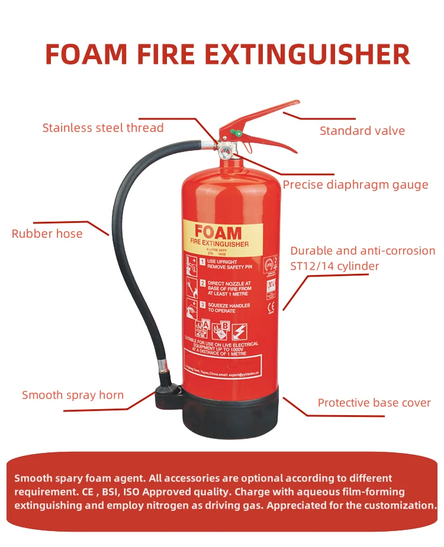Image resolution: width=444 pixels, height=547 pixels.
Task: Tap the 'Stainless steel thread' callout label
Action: pos(103,128)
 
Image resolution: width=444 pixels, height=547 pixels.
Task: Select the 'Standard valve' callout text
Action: pos(362,131)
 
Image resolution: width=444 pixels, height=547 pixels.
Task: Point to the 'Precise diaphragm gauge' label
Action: pos(355,185)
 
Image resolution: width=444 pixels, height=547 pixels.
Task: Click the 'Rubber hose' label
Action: pos(47,234)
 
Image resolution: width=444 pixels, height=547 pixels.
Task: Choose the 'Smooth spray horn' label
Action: pos(73,395)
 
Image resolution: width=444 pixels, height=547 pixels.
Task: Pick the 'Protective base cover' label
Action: pos(374,403)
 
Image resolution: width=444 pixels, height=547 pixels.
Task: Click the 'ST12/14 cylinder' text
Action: pos(334,266)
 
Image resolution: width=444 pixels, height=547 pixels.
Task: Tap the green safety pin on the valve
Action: pos(235,133)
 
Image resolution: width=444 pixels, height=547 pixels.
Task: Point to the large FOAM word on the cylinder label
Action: pos(218,231)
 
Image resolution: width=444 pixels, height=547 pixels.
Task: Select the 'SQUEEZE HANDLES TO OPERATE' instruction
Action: pos(229,308)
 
